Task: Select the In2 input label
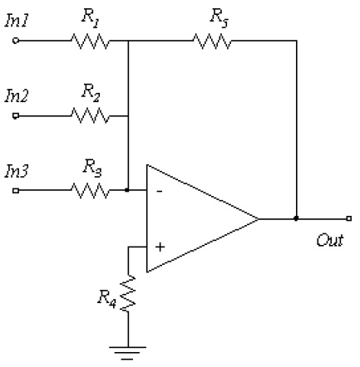coord(17,96)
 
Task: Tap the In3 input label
coord(17,172)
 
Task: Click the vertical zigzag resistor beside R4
coord(129,294)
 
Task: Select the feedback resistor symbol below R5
coord(212,38)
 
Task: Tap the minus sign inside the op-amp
coord(159,192)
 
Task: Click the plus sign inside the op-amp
coord(159,247)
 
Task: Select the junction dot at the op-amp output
coord(297,219)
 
